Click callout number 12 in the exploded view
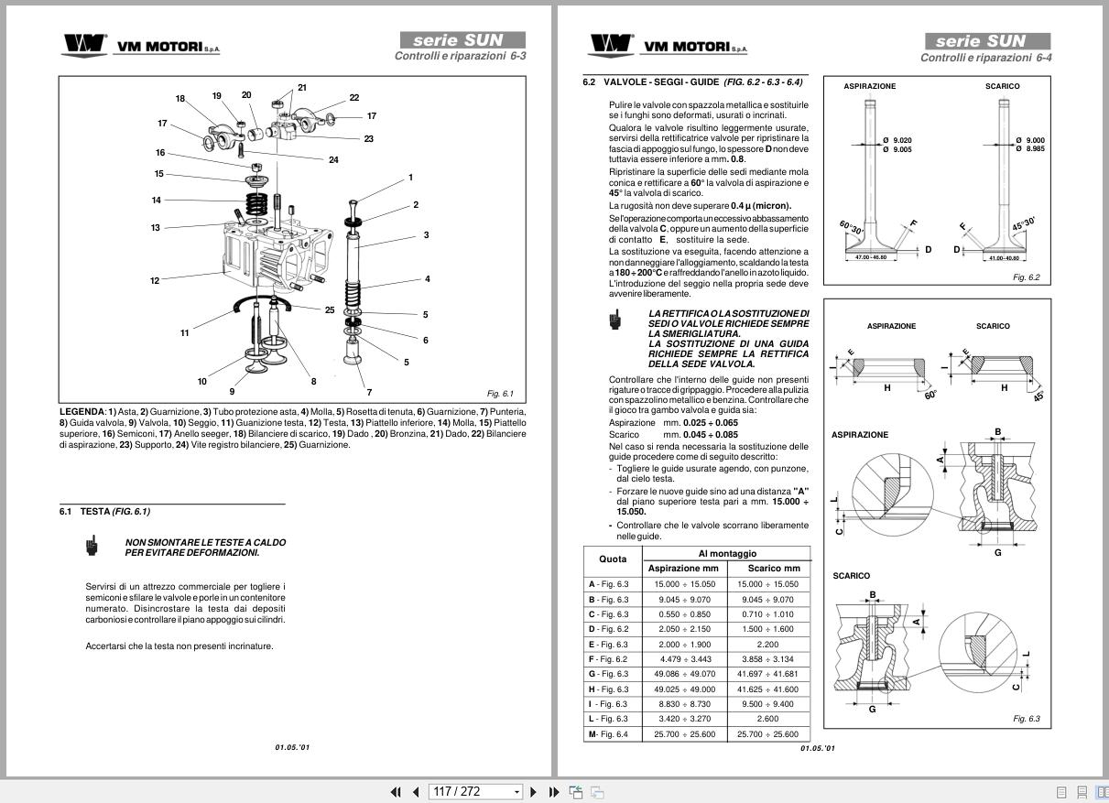click(x=155, y=281)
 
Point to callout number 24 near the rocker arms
click(x=333, y=160)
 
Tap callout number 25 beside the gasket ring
click(x=330, y=309)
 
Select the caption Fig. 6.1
click(x=500, y=394)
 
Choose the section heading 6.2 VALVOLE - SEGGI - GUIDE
click(x=693, y=81)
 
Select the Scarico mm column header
click(x=767, y=569)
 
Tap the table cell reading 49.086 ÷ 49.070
click(x=683, y=674)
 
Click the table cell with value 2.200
click(x=767, y=645)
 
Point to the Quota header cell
click(x=613, y=559)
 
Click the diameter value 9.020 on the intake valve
click(x=902, y=140)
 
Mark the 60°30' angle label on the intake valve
click(x=851, y=226)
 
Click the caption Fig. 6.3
click(x=1027, y=719)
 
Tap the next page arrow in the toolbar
click(x=534, y=792)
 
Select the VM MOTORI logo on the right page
click(x=668, y=46)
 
